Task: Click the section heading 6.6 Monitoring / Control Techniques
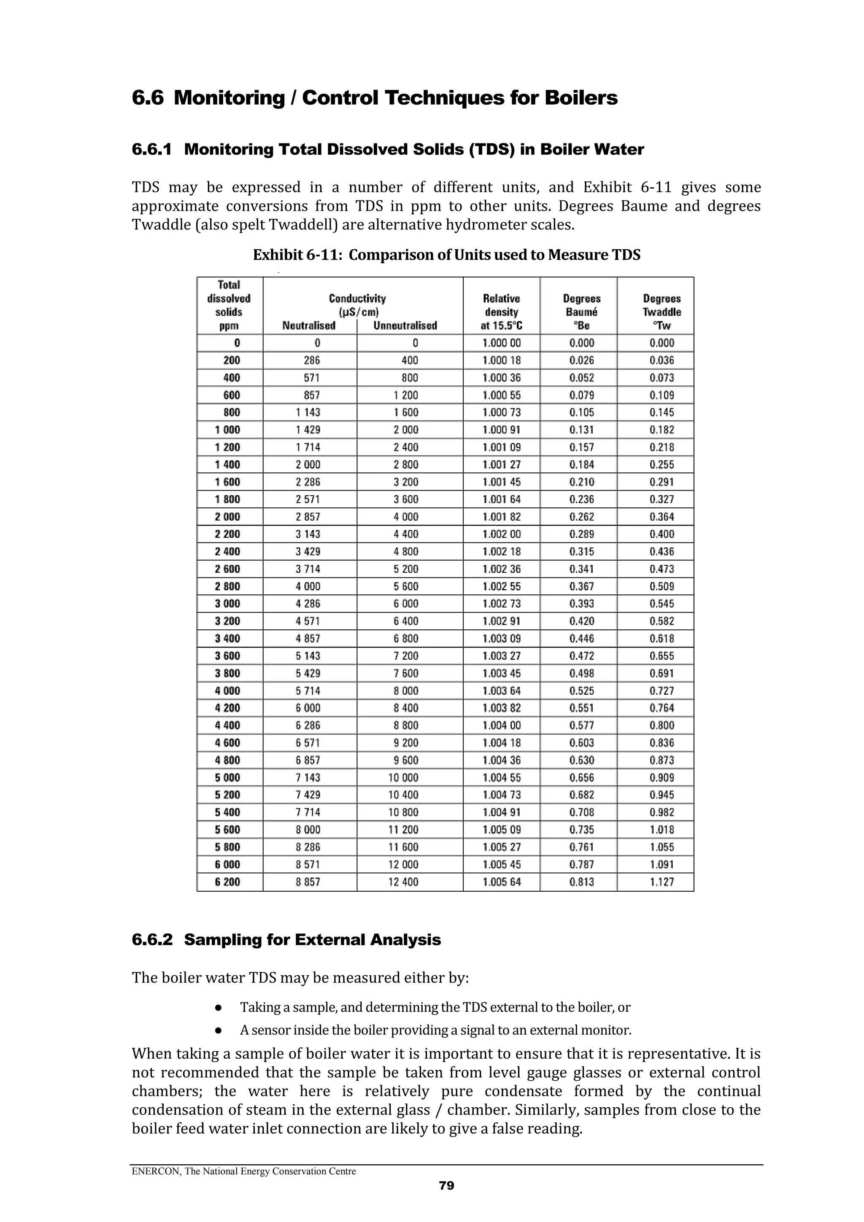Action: point(374,98)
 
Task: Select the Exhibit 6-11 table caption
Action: point(446,255)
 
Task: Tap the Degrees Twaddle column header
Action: point(661,312)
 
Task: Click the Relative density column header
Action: point(501,312)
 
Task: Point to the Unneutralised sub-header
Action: point(405,326)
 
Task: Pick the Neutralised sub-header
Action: point(309,326)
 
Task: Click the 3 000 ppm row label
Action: point(227,604)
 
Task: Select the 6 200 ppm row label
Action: point(227,882)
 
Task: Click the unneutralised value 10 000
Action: point(403,777)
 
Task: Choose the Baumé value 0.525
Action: point(581,691)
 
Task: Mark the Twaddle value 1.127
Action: point(661,882)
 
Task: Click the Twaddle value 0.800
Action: point(661,726)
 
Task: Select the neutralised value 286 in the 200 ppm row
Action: point(311,360)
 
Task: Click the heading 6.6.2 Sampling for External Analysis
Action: point(286,940)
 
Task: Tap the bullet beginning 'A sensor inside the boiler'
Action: point(435,1030)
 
